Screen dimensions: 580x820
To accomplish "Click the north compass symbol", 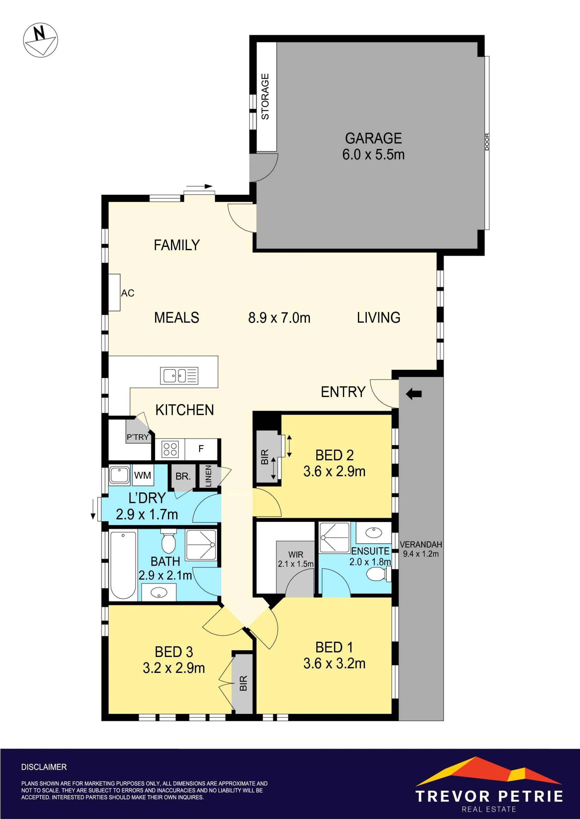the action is [x=40, y=40].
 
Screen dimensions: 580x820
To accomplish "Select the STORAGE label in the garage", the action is [x=265, y=96].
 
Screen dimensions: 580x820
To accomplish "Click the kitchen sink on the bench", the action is [x=179, y=376].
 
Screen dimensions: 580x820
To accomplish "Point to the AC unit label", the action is [x=127, y=293].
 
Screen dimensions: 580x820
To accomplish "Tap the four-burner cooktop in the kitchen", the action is [x=170, y=449].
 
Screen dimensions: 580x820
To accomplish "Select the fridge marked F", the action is [x=201, y=449].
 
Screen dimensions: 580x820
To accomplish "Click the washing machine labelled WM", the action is [x=143, y=475].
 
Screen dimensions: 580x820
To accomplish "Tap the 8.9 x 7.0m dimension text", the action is [x=279, y=318].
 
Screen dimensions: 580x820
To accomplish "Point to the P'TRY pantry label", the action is [x=137, y=437].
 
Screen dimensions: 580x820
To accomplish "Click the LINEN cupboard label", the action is [x=208, y=476].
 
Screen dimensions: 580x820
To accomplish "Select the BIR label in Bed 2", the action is [x=265, y=457].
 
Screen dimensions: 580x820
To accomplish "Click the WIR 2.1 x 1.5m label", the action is [x=296, y=559].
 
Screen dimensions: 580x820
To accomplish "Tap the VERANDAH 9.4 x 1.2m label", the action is [x=421, y=549].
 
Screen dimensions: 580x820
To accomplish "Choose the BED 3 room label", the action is [x=174, y=652].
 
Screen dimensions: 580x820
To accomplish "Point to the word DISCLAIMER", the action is [x=44, y=767].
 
